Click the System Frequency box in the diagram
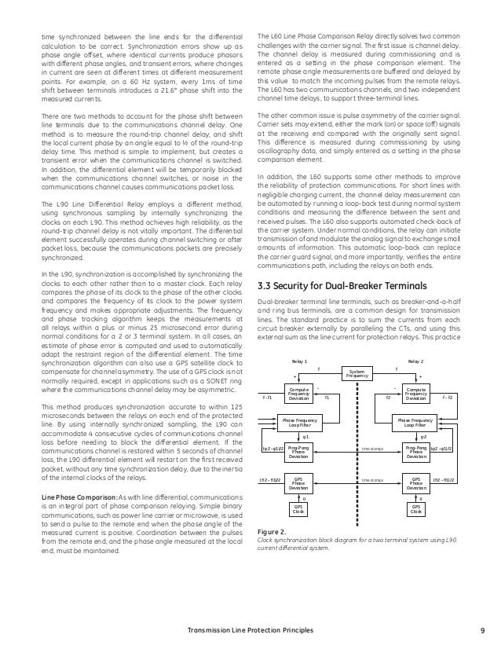pyautogui.click(x=357, y=373)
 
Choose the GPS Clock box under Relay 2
pyautogui.click(x=417, y=509)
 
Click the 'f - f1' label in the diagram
pyautogui.click(x=267, y=398)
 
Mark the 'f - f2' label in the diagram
pyautogui.click(x=447, y=398)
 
